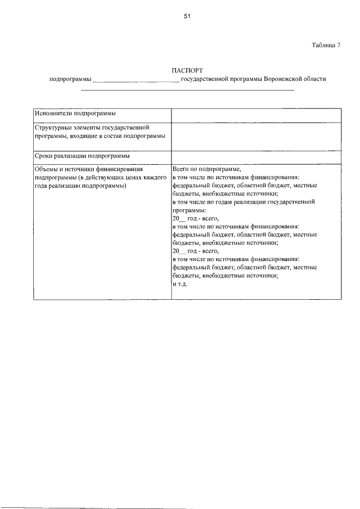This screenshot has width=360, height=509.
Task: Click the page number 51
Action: pyautogui.click(x=187, y=16)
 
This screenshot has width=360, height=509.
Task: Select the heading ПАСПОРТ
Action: pyautogui.click(x=187, y=70)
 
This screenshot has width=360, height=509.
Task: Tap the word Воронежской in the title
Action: pyautogui.click(x=284, y=79)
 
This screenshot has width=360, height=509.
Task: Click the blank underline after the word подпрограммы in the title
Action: pyautogui.click(x=136, y=80)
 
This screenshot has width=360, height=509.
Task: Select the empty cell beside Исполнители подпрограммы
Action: pyautogui.click(x=256, y=115)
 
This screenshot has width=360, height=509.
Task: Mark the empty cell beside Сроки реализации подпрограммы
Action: pyautogui.click(x=256, y=156)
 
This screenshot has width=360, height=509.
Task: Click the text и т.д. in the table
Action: pyautogui.click(x=179, y=285)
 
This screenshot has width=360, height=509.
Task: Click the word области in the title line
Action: pyautogui.click(x=315, y=79)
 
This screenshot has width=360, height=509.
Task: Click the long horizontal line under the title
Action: pyautogui.click(x=188, y=90)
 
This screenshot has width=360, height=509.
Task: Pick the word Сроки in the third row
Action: pyautogui.click(x=44, y=156)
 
